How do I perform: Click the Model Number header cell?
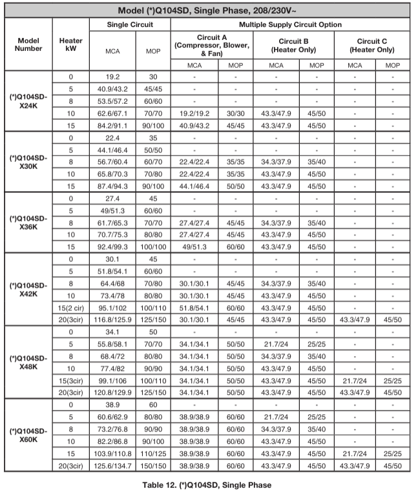coord(28,44)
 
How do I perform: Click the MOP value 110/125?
coord(154,453)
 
